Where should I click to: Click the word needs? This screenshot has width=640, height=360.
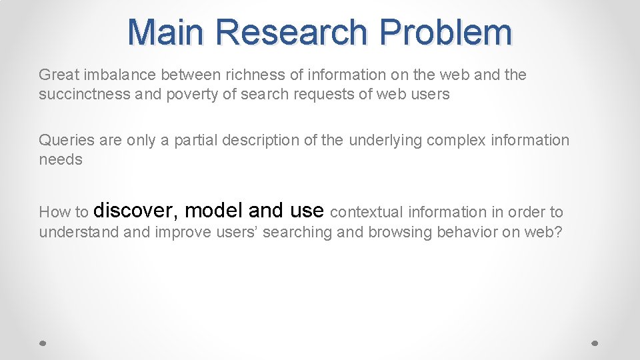tap(61, 159)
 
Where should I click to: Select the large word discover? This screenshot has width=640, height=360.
tap(136, 211)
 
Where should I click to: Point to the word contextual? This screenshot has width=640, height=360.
tap(367, 212)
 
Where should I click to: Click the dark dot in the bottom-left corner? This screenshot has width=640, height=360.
tap(42, 343)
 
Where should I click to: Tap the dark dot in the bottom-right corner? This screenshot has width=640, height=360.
tap(596, 343)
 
